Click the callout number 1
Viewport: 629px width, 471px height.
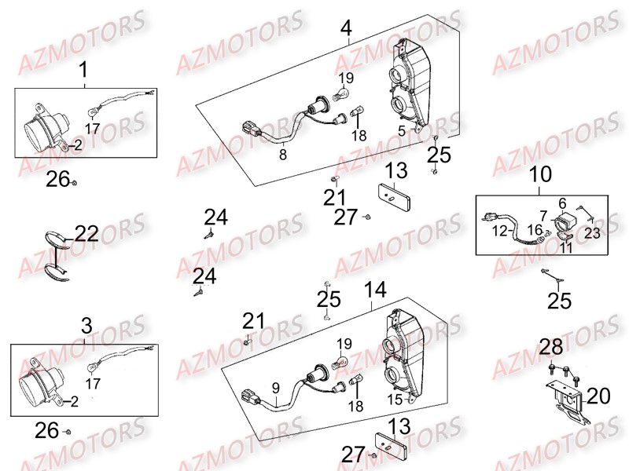(84, 73)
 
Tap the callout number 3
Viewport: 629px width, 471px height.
(86, 326)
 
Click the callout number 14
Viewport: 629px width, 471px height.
(375, 290)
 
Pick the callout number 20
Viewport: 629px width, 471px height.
(597, 396)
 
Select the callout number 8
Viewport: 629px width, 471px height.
(283, 156)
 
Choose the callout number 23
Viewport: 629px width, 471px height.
(591, 232)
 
